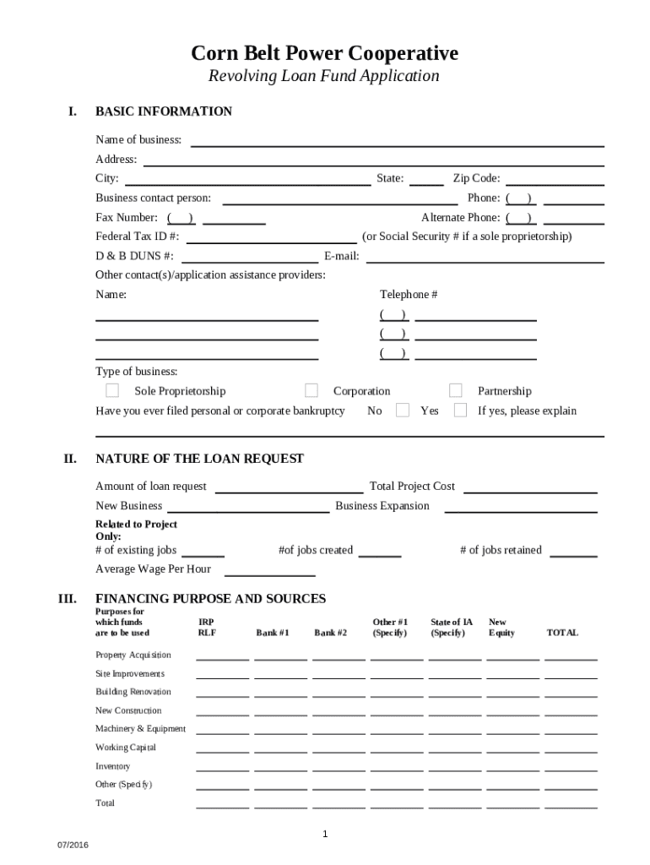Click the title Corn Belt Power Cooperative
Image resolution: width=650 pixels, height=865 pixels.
(x=324, y=54)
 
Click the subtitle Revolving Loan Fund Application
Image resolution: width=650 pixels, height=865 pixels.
(x=324, y=76)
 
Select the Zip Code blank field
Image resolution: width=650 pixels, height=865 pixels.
(x=555, y=179)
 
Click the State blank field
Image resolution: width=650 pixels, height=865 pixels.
(x=426, y=179)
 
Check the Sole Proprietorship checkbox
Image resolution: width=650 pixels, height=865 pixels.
(x=112, y=390)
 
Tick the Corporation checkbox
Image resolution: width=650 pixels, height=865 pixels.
(x=311, y=390)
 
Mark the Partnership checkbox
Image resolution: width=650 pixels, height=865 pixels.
(x=456, y=390)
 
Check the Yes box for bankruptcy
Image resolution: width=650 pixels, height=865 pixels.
(x=460, y=411)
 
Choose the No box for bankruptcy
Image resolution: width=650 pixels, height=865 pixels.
(x=403, y=411)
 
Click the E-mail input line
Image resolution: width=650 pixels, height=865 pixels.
(x=485, y=257)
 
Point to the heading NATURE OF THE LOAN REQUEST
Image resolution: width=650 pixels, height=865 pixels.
(x=199, y=459)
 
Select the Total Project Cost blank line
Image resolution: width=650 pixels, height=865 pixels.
(x=530, y=487)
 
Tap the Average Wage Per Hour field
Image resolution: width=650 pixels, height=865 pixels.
(x=269, y=569)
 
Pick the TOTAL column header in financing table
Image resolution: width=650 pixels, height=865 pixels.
(x=562, y=633)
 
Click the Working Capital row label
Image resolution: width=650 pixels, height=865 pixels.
(x=126, y=748)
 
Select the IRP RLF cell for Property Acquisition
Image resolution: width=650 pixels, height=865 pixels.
(x=222, y=655)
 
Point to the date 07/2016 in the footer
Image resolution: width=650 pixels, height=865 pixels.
(x=73, y=846)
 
